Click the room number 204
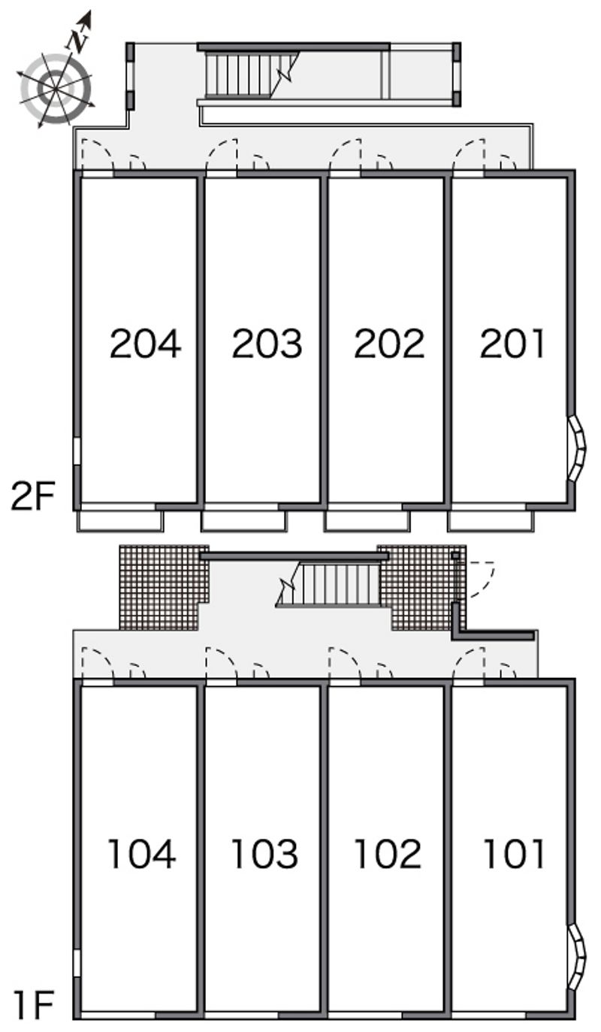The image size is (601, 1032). point(145,343)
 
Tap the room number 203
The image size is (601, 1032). point(267,343)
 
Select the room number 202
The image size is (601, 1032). point(389,343)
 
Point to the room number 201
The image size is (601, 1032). point(512,343)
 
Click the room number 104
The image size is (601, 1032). point(142,854)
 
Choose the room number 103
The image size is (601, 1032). point(264,854)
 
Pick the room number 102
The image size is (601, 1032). point(388,854)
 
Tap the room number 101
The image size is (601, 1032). point(513,854)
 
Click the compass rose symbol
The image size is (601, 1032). point(56,88)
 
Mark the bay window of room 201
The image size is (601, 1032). point(577,449)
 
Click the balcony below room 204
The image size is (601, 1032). point(120,521)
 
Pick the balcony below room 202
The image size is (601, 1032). point(367,521)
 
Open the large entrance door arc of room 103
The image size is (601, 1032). point(219,664)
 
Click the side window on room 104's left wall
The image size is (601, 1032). point(77,963)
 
